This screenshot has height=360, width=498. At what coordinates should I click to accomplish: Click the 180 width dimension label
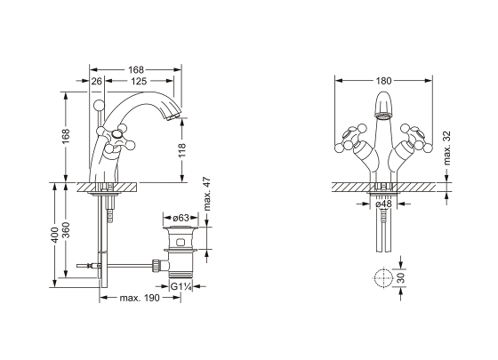coord(383,81)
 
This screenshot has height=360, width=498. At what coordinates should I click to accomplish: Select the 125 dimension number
coord(139,81)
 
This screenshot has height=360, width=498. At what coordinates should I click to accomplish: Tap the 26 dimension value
coord(97,81)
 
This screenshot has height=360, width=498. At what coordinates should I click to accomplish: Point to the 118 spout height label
coord(181,150)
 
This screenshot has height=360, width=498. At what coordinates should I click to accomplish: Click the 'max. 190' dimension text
coord(140,298)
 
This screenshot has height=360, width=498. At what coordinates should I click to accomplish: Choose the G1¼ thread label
coord(181,287)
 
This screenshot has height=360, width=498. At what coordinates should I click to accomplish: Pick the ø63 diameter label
coord(181,218)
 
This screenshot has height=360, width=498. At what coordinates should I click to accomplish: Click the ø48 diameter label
coord(383,204)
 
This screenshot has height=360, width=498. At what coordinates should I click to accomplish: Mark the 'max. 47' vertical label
coord(206,194)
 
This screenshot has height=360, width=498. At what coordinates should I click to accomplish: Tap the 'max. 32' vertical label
coord(446,148)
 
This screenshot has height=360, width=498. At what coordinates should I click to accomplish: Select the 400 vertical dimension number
coord(54,235)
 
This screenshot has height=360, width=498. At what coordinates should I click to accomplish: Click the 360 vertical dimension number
coord(66,230)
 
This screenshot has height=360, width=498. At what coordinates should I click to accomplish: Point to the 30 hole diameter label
coord(401,277)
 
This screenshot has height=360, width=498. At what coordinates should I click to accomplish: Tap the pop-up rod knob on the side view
coord(99,105)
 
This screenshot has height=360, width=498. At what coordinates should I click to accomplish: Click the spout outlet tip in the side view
coord(173,116)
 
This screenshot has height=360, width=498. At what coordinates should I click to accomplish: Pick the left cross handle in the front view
coord(349,139)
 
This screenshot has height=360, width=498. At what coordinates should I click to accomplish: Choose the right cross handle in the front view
coord(417,139)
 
